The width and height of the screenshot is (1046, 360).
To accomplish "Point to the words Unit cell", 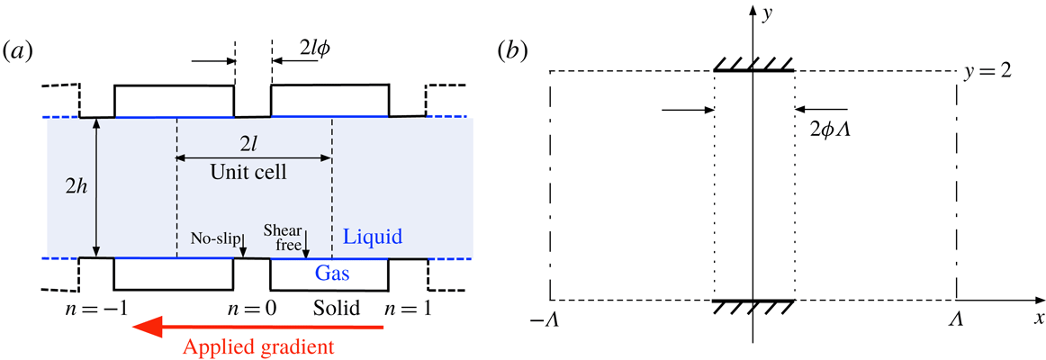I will point(255,172).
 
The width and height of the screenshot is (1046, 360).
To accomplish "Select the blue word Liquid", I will point(372,238).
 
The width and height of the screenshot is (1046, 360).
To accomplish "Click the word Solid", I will point(338,309).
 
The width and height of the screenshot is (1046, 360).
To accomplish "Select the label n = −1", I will point(93,309).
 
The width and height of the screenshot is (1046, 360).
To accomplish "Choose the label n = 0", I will point(253,309).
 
